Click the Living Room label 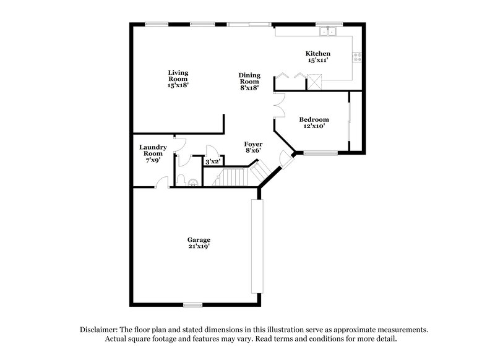click(178, 79)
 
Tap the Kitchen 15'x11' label click(318, 58)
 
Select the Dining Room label click(249, 82)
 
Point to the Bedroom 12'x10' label click(314, 122)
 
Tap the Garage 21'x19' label click(199, 243)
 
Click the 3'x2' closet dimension click(212, 161)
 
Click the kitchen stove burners click(357, 58)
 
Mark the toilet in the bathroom click(182, 180)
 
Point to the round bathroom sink click(194, 182)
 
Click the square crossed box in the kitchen click(315, 80)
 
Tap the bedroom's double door click(278, 105)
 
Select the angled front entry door click(285, 160)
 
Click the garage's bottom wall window click(193, 304)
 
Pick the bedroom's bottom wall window click(320, 152)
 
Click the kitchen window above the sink click(325, 24)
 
